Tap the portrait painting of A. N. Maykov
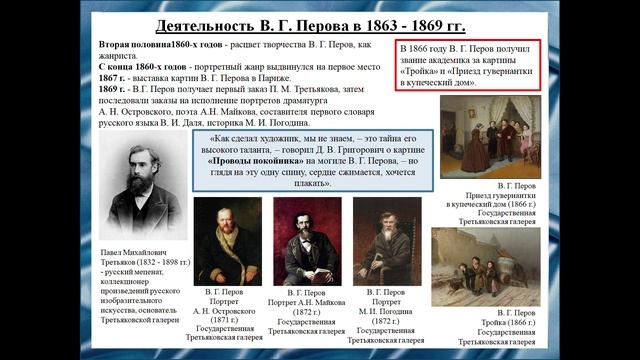pyautogui.click(x=307, y=241)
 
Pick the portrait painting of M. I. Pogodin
pyautogui.click(x=386, y=241)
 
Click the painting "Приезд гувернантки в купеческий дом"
pyautogui.click(x=490, y=136)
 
